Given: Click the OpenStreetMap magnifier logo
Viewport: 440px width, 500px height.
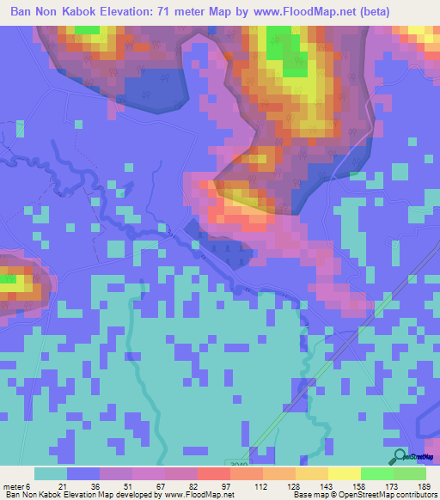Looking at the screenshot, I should pos(400,457).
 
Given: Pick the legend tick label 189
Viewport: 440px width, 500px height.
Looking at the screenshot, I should pos(424,485).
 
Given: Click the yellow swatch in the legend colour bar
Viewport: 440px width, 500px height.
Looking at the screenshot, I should pos(345,473).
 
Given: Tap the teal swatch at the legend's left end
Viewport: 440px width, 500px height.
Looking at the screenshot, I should pos(51,473).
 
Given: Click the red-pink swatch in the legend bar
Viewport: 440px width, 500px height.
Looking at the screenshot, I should pos(214,473).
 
